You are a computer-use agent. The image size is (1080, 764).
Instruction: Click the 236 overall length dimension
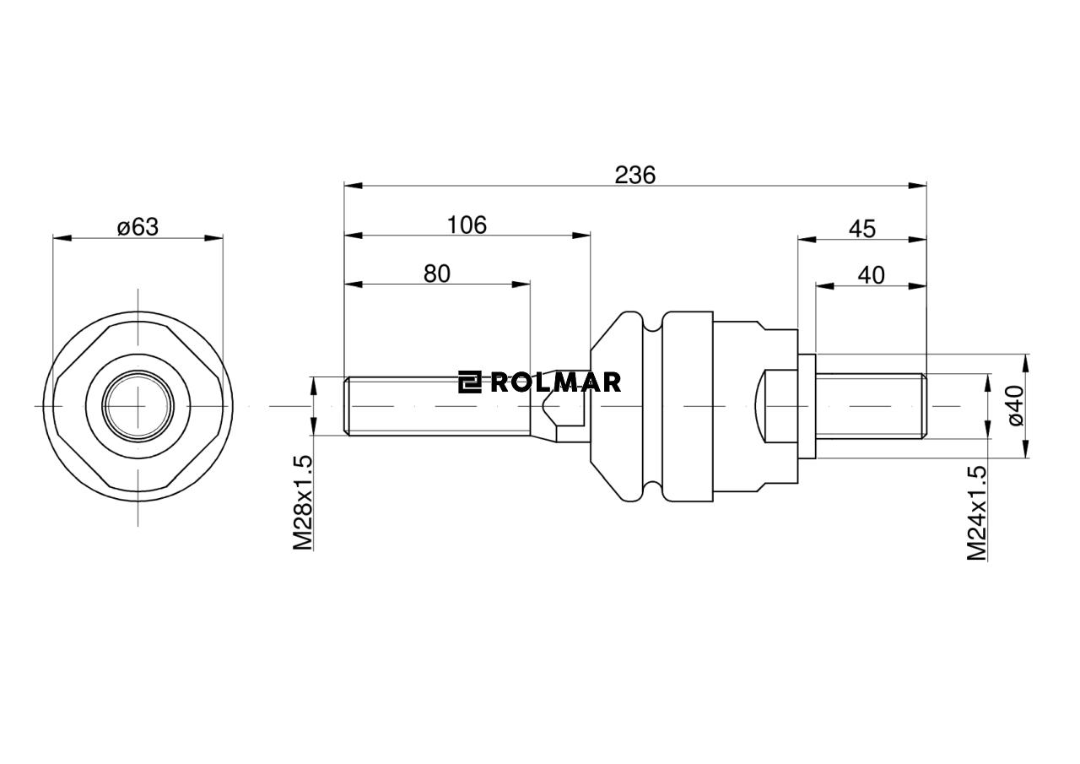(x=634, y=175)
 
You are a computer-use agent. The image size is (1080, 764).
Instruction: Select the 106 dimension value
(x=467, y=225)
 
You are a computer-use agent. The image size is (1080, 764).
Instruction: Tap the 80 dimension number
(x=437, y=274)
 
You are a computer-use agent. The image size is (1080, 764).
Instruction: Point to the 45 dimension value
(x=861, y=229)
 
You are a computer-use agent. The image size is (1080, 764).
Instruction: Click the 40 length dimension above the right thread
(x=871, y=275)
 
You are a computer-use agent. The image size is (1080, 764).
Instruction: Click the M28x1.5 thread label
(x=303, y=502)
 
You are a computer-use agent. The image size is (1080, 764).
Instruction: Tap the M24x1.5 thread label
(x=977, y=512)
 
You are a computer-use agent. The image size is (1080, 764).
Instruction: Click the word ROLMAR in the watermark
(x=555, y=382)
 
